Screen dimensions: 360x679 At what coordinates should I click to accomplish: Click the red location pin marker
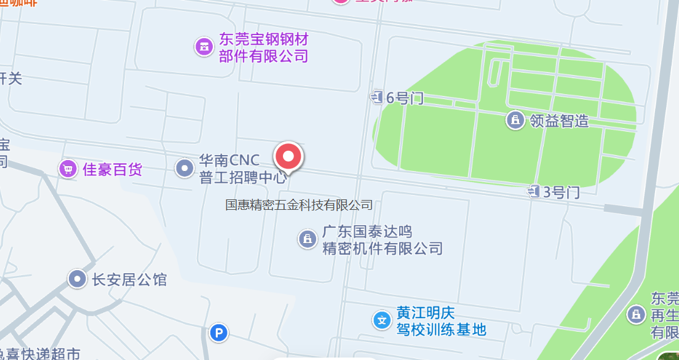point(288,157)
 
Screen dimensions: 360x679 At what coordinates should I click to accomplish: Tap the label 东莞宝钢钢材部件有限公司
point(263,48)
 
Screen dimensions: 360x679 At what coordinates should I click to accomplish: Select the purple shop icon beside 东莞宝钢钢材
point(204,46)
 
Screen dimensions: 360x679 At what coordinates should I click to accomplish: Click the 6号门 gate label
point(405,97)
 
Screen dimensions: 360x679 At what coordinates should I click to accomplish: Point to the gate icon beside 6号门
point(376,97)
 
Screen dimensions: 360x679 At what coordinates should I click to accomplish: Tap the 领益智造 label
point(559,120)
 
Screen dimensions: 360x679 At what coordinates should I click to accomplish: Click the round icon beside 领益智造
point(515,119)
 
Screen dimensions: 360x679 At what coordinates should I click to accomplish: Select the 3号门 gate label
point(561,192)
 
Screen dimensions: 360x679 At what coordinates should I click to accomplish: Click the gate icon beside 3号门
point(533,192)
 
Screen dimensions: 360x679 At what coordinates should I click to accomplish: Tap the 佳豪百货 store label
point(112,169)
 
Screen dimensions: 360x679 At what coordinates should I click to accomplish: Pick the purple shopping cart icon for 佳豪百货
point(68,169)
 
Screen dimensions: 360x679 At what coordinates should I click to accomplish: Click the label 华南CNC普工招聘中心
point(242,169)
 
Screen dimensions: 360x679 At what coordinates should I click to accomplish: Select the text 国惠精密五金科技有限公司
point(299,204)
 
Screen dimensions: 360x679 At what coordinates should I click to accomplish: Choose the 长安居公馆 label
point(129,279)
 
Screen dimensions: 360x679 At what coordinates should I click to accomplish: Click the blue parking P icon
point(218,334)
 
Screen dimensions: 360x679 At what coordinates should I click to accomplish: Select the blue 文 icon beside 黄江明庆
point(382,320)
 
